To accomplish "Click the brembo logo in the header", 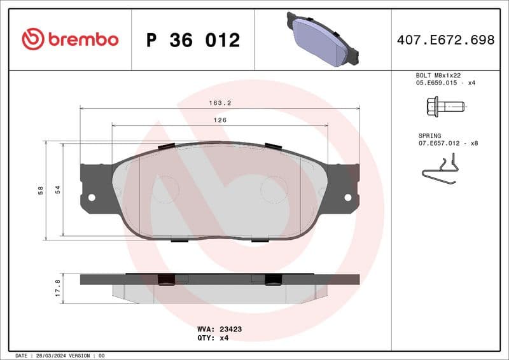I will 70,39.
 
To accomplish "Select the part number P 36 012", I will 193,40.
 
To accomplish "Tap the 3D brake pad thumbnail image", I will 323,39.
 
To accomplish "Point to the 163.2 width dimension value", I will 220,102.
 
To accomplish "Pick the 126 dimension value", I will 220,120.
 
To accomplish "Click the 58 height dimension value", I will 40,190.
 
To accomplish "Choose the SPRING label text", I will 430,135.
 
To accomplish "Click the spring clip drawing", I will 439,171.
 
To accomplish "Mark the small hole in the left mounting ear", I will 91,197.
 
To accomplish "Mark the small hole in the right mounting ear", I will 347,197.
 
